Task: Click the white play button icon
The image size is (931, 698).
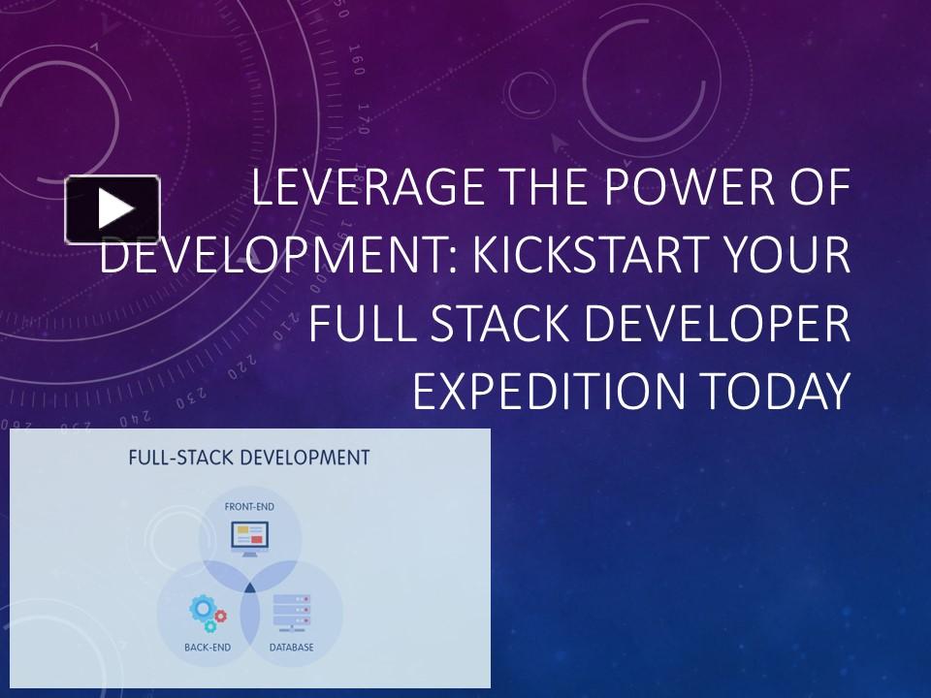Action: (112, 208)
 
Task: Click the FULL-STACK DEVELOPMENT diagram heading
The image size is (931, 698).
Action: (249, 458)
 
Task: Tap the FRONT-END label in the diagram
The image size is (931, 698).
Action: (250, 506)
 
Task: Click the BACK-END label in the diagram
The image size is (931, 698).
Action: (207, 647)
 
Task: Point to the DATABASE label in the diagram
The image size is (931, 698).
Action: (292, 647)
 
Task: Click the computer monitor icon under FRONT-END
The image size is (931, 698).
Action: (250, 537)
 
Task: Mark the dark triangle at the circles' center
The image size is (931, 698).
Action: (249, 587)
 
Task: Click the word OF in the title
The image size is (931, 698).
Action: (818, 188)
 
